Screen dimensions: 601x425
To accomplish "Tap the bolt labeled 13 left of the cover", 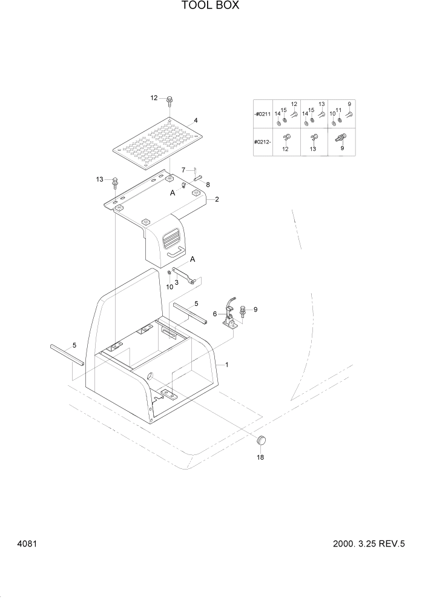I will [x=115, y=181].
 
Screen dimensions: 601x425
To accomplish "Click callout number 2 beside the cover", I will [x=216, y=199].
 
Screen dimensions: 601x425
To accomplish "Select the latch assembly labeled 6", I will [x=231, y=314].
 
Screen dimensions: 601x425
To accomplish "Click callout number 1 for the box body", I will [x=226, y=365].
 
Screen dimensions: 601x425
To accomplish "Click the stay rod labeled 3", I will [x=182, y=274].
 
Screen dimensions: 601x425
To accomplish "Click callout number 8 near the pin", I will [x=208, y=185].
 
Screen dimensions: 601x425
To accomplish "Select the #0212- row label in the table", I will [x=263, y=142].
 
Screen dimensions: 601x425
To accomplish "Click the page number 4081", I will [x=28, y=544].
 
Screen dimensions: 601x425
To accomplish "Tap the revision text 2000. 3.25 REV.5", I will [x=368, y=544].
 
